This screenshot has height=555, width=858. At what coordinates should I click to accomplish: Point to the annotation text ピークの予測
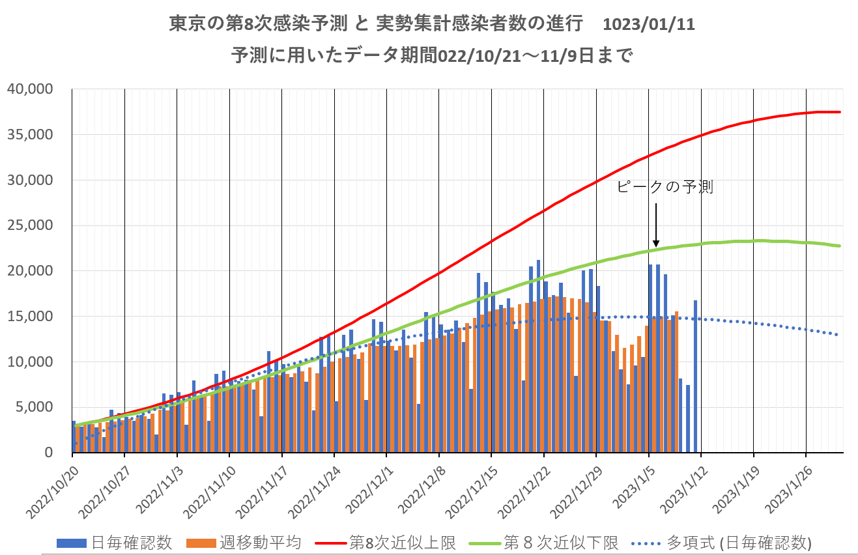coord(664,188)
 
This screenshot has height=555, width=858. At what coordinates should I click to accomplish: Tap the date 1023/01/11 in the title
coord(649,25)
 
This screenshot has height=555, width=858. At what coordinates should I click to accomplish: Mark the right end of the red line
coord(840,112)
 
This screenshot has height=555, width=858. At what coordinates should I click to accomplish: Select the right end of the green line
coord(840,246)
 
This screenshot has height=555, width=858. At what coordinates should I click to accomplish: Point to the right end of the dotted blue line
coord(838,335)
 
